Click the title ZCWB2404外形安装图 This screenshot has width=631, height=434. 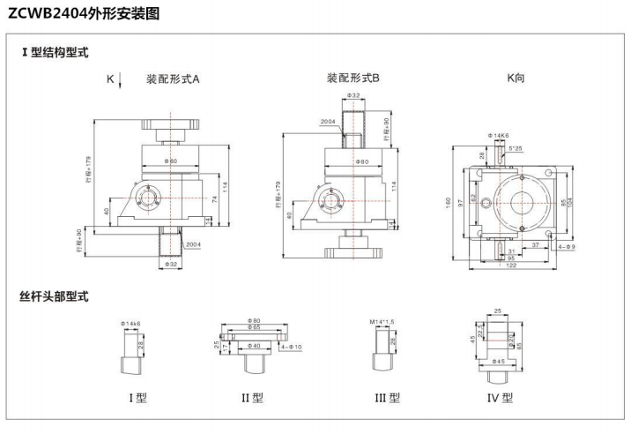click(x=84, y=14)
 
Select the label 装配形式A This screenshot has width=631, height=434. click(x=173, y=79)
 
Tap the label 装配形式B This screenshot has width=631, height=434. click(x=353, y=78)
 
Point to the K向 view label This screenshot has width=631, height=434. click(x=516, y=78)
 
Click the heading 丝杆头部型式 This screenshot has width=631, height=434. click(x=55, y=296)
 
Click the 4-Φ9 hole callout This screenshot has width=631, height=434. click(x=566, y=246)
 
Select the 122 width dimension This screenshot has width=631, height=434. click(x=511, y=266)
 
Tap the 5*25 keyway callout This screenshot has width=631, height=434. click(x=515, y=148)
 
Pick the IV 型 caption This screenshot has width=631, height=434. click(x=500, y=398)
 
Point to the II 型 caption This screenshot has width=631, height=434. click(x=252, y=398)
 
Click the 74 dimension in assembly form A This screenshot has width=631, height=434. click(x=214, y=199)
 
